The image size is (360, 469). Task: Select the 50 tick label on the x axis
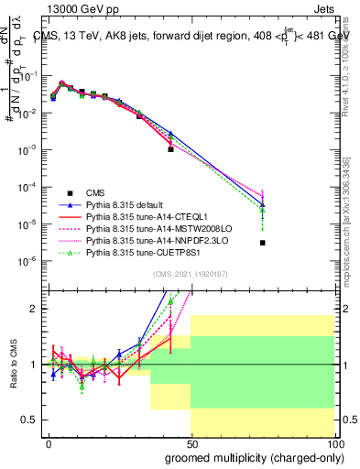(191, 443)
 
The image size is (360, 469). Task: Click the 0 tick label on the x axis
(49, 443)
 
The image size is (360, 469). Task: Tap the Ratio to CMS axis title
(12, 365)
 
